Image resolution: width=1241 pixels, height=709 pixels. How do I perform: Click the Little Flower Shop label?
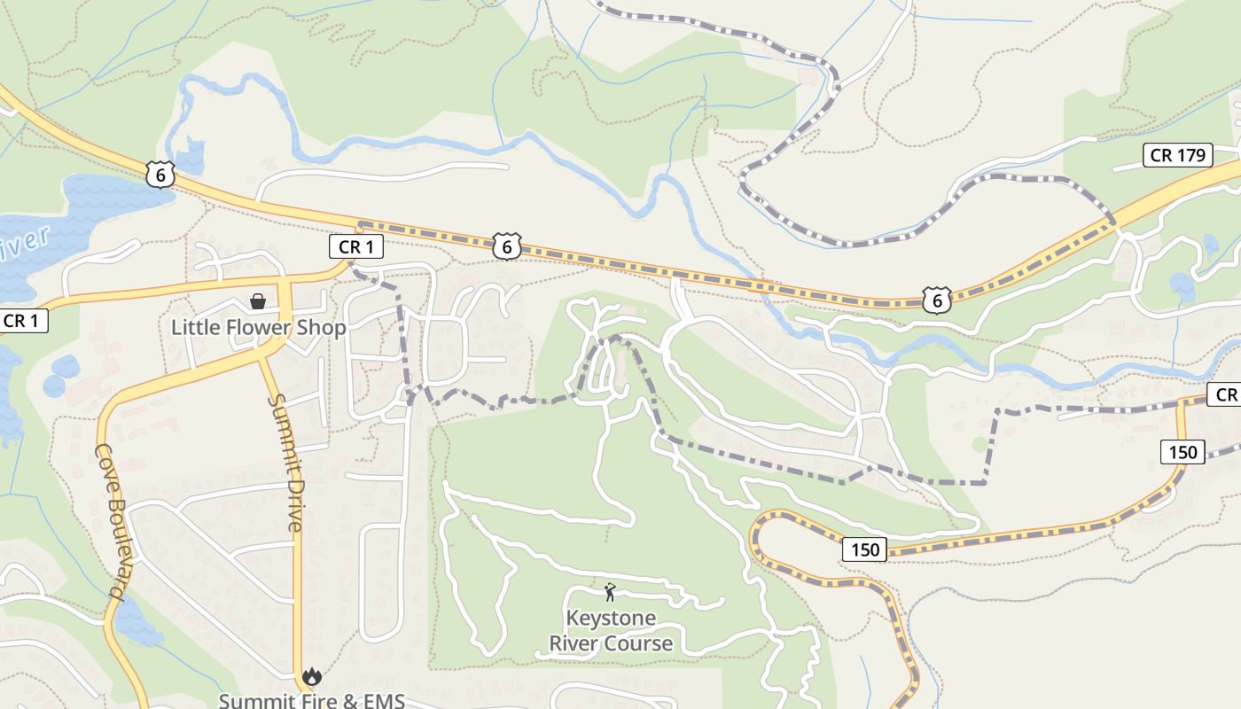click(x=258, y=327)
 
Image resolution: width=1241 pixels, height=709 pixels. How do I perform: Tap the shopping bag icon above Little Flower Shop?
click(x=258, y=301)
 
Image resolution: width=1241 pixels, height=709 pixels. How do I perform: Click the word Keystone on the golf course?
click(x=611, y=618)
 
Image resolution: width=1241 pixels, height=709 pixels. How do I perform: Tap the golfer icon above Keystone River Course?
click(x=610, y=592)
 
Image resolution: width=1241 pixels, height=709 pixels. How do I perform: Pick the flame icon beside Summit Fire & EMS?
click(x=311, y=677)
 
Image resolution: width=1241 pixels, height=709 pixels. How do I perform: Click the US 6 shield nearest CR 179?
click(x=936, y=300)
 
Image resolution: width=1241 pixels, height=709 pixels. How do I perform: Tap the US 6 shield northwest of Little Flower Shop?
click(x=160, y=175)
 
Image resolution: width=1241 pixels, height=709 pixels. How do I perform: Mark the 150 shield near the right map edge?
click(x=1182, y=452)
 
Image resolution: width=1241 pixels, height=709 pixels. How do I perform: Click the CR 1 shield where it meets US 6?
click(x=355, y=246)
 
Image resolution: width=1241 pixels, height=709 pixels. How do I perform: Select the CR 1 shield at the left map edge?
click(x=22, y=320)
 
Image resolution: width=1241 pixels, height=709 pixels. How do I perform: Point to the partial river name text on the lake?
click(x=21, y=245)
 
